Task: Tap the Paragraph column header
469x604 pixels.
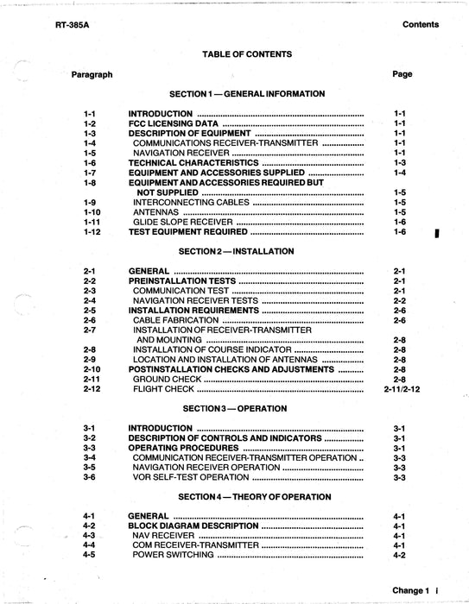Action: (92, 74)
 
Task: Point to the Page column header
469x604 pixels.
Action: (402, 74)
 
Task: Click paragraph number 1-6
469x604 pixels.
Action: (91, 162)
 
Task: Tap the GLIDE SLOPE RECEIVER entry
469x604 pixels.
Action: (183, 222)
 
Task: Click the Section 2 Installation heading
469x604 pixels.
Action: (237, 251)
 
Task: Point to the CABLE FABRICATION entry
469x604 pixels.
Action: (175, 320)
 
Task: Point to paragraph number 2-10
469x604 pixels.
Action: (92, 369)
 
